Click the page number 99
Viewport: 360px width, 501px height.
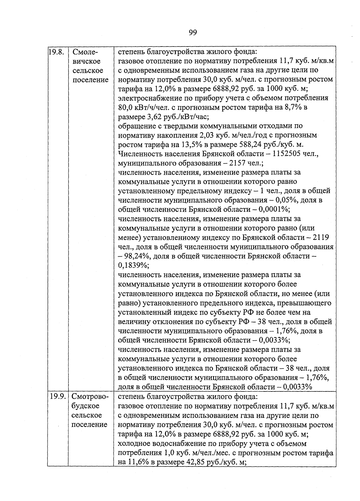[x=193, y=32]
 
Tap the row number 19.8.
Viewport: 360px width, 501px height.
[x=57, y=52]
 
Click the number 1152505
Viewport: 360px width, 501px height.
[x=287, y=154]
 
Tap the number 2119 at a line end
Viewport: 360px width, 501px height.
[x=321, y=238]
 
